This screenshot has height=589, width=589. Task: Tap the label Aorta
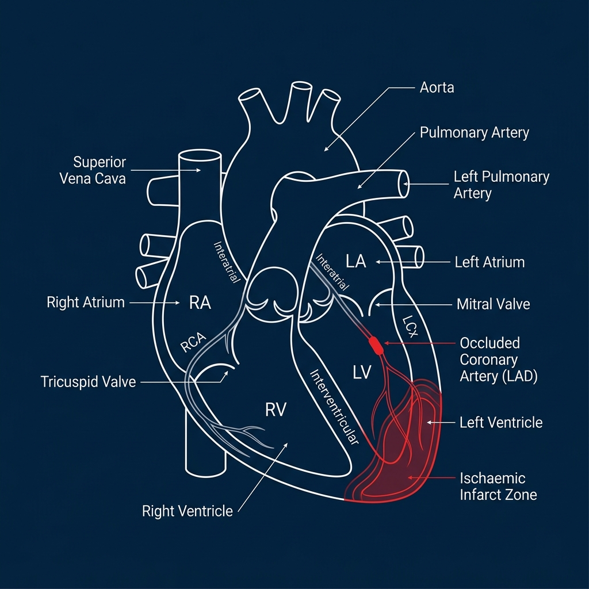coord(437,88)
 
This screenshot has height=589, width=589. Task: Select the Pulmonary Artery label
coord(474,133)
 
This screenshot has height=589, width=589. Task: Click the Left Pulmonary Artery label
coord(501,185)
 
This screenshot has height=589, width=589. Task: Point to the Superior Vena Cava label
coord(93,170)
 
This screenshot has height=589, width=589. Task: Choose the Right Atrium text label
coord(86,302)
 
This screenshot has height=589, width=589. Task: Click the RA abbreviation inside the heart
coord(200,303)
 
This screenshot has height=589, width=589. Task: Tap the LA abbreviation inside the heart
coord(356,262)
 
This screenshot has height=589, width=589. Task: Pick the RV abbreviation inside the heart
coord(276,410)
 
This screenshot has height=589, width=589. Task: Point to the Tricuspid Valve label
coord(88,381)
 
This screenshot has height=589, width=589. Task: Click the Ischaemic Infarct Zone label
coord(498,486)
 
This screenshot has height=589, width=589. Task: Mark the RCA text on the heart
coord(193,344)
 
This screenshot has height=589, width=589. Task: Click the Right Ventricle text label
coord(188,511)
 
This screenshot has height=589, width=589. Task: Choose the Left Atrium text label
coord(489,262)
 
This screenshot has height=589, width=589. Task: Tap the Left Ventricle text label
coord(501,423)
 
